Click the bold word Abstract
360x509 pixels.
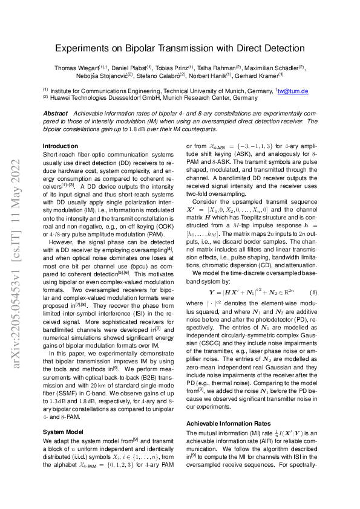55,114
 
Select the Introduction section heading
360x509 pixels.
61,146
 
